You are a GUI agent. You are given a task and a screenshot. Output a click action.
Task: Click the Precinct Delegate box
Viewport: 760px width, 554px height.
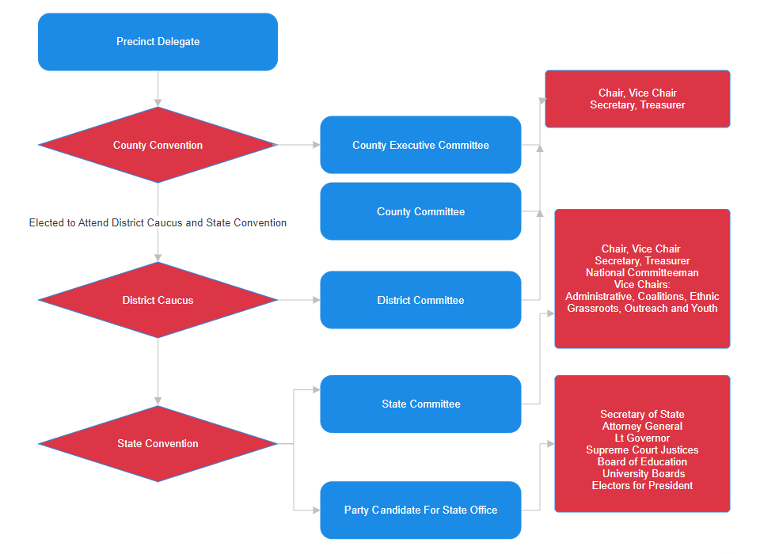point(158,42)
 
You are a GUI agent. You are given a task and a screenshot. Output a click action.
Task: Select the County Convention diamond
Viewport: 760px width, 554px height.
point(158,145)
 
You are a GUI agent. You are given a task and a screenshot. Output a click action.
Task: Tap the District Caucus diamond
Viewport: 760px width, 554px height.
point(158,300)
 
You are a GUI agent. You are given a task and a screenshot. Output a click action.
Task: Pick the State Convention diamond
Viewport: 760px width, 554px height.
point(158,443)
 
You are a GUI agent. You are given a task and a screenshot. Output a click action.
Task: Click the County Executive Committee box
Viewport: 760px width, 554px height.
point(420,145)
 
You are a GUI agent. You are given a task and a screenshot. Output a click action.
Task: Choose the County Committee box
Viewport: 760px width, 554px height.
point(420,211)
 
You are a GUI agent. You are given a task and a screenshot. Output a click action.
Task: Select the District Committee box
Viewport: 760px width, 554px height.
point(420,300)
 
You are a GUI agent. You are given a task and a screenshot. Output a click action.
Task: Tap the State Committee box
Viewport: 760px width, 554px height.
point(420,404)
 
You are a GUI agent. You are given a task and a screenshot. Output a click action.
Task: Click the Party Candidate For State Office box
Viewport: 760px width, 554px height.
point(420,510)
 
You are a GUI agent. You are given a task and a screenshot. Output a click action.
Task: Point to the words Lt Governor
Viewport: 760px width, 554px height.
point(642,438)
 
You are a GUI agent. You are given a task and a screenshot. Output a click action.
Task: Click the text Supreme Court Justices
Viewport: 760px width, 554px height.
point(642,450)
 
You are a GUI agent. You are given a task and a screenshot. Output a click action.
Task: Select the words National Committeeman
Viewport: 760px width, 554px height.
point(642,273)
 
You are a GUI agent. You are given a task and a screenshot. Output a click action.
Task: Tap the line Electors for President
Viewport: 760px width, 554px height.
point(642,486)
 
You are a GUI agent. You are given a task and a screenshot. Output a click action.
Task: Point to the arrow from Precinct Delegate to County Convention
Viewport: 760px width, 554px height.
point(158,89)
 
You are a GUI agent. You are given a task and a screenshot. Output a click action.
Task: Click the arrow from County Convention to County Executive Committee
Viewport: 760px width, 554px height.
point(298,145)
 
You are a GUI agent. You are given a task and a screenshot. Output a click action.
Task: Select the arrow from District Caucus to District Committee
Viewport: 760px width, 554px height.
point(298,300)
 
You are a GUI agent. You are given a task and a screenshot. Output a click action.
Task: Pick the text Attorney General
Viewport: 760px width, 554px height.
point(642,427)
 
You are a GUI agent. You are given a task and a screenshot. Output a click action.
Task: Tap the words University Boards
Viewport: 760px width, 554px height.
point(642,474)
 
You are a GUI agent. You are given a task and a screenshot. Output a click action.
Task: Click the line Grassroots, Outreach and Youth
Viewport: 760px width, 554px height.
point(642,309)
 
